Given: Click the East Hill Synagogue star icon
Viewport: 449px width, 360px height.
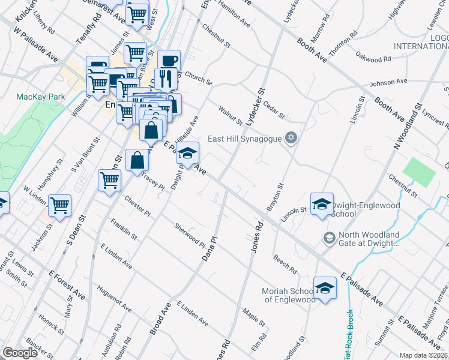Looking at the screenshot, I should tap(291, 139).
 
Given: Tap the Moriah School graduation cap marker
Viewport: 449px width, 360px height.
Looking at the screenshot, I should tap(325, 287).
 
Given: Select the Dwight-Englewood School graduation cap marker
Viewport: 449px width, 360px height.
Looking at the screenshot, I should tap(322, 203).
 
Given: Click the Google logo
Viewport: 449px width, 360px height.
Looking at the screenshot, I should tap(20, 353).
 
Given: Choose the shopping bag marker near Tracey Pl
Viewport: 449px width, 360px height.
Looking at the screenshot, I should tap(137, 160).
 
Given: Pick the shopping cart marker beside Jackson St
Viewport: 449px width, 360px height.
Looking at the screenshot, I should tap(60, 205).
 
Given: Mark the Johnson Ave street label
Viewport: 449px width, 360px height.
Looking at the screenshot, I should tap(389, 82).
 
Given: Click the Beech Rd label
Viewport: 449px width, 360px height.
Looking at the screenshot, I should tap(285, 262).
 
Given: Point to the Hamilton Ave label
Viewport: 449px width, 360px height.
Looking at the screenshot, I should tap(235, 13).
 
